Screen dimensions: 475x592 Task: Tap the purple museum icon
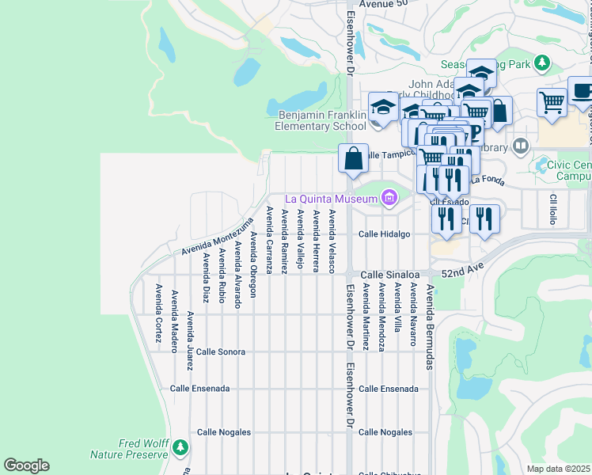pos(389,198)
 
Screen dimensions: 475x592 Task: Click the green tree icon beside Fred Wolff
pos(181,448)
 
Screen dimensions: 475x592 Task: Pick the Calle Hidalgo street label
pos(385,234)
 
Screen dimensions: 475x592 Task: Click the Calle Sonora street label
pos(221,351)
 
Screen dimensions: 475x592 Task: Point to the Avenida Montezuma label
pos(215,237)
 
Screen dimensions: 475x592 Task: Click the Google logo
pos(26,465)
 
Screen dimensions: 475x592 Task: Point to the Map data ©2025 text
pos(557,469)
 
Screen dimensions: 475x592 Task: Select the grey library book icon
pos(520,146)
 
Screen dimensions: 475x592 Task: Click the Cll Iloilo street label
pos(552,207)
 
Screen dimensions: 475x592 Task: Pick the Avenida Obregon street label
pos(253,264)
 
